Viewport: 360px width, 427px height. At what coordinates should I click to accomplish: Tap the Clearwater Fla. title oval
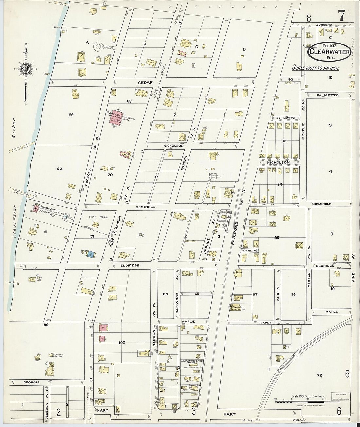pos(329,52)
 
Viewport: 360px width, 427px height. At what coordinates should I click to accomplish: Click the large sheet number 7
pos(341,15)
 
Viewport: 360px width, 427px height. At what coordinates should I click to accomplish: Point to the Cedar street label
pos(145,83)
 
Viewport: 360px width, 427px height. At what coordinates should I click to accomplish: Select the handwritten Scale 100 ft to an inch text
pos(315,68)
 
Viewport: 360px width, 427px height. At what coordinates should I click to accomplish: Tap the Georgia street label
pos(31,382)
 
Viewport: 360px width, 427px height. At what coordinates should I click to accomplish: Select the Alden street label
pos(278,294)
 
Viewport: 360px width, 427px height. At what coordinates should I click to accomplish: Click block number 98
pos(293,294)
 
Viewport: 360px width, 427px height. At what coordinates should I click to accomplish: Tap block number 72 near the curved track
pos(319,375)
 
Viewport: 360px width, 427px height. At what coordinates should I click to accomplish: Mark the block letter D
pos(244,49)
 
